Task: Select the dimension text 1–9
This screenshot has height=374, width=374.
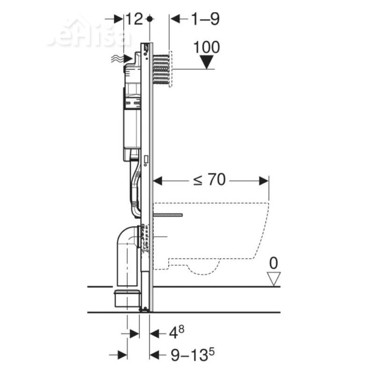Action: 205,19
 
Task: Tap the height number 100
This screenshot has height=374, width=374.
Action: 206,47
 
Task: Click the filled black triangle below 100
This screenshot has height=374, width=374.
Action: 206,62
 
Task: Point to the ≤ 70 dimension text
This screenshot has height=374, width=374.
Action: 210,180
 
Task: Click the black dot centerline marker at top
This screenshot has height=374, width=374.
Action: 150,19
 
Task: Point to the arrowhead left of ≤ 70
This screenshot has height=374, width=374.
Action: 158,180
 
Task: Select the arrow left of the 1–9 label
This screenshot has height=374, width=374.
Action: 176,19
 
